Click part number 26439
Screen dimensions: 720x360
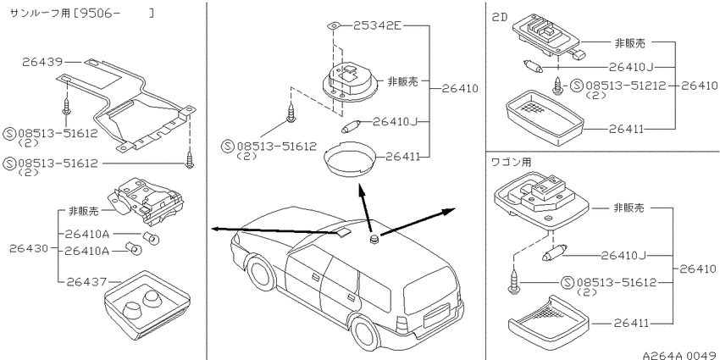click(42, 62)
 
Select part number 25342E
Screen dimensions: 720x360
click(377, 25)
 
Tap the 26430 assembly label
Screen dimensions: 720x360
click(29, 248)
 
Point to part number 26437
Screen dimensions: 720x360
click(86, 281)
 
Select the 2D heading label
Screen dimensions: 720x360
click(500, 18)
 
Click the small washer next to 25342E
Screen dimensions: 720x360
click(335, 25)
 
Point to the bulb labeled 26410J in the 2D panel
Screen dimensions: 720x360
click(533, 67)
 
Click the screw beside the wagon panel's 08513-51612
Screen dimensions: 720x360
click(512, 283)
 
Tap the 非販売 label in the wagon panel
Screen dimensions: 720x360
click(629, 208)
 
